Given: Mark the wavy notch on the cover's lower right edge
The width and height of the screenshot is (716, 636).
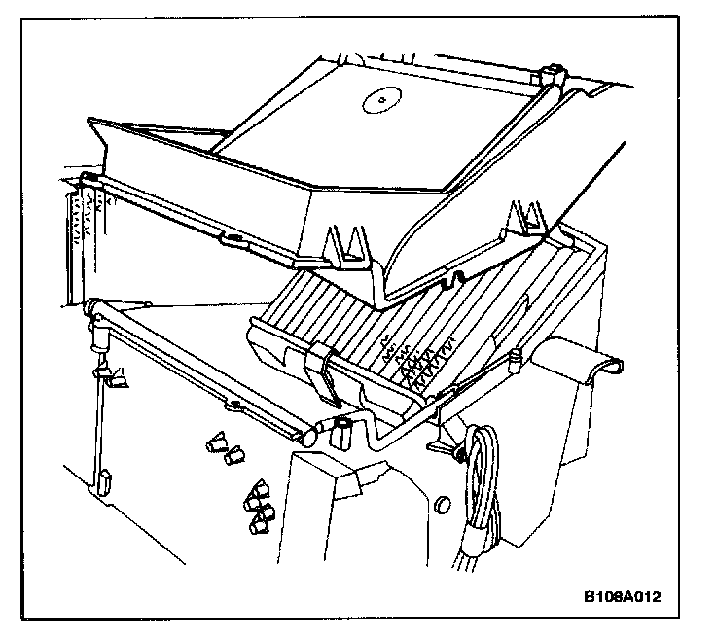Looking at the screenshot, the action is click(449, 281).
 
